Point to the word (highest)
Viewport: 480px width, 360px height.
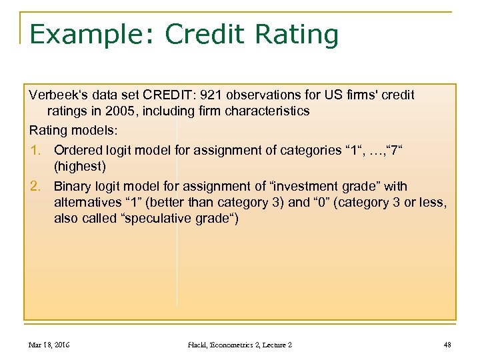pos(80,165)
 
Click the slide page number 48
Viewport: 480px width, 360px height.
pos(447,345)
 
